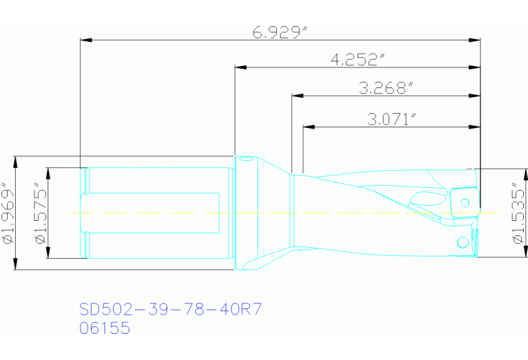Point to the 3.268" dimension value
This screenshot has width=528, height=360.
(386, 88)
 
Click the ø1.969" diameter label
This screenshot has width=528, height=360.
(8, 213)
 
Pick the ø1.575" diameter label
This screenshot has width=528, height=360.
(40, 213)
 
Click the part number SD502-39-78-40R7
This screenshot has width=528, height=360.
(171, 308)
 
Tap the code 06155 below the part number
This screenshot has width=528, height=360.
(105, 328)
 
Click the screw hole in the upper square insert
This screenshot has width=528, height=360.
(465, 202)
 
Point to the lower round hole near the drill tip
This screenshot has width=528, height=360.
(461, 242)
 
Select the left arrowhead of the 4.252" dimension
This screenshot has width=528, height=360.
(240, 67)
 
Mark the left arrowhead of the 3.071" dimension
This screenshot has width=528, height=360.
(308, 127)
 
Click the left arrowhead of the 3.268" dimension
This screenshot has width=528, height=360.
(297, 96)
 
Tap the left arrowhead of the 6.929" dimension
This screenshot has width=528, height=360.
(85, 40)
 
